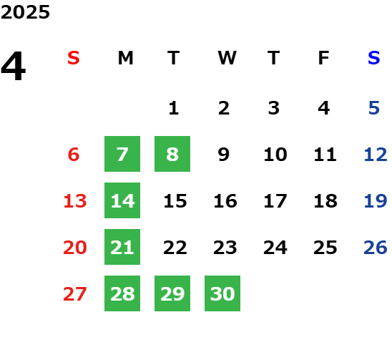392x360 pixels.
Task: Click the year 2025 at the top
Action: (25, 12)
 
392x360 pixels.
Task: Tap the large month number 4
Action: (14, 66)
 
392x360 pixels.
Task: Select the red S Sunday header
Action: (74, 58)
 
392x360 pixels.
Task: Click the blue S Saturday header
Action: (374, 58)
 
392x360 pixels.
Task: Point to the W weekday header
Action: (227, 58)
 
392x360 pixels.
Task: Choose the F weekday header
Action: (324, 58)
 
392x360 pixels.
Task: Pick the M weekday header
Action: (125, 58)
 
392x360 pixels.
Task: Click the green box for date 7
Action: (122, 154)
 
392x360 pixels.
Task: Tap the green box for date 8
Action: (172, 154)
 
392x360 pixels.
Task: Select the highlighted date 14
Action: (122, 200)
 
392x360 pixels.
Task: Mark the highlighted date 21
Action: (122, 247)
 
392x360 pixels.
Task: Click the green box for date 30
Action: (222, 293)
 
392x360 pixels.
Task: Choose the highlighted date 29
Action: (172, 293)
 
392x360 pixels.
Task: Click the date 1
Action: (174, 108)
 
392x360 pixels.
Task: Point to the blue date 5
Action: (374, 108)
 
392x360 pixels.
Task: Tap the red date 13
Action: (75, 201)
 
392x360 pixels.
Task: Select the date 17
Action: (275, 201)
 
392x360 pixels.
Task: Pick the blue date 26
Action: (376, 248)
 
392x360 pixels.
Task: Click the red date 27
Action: (75, 294)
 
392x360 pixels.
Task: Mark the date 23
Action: (225, 248)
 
